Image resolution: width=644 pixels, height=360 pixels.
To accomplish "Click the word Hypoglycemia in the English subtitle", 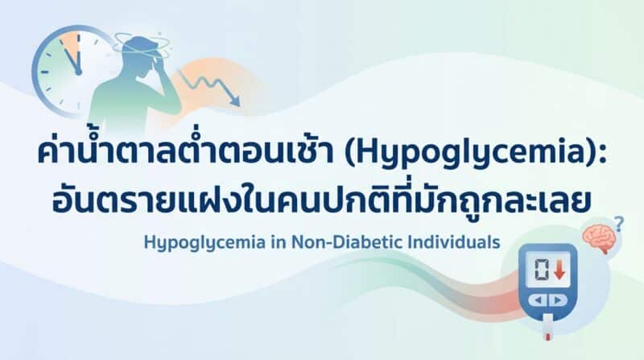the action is pyautogui.click(x=204, y=242).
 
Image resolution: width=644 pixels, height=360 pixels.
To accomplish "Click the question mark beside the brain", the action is pyautogui.click(x=619, y=225).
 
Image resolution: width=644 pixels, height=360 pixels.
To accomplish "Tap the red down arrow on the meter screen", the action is pyautogui.click(x=559, y=271).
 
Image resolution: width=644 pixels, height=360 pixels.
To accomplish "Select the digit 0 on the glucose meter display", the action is pyautogui.click(x=542, y=271).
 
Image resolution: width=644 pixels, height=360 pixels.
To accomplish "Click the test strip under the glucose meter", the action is pyautogui.click(x=547, y=327).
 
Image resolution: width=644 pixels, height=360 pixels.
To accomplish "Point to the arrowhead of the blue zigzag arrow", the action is pyautogui.click(x=235, y=101).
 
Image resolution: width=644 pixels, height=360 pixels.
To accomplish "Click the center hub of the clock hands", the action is pyautogui.click(x=78, y=72).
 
